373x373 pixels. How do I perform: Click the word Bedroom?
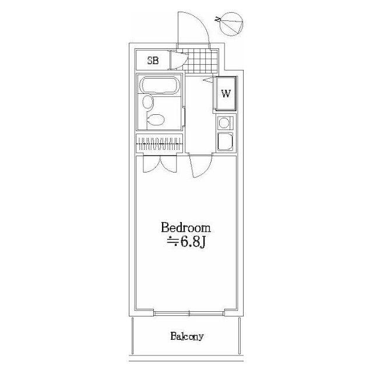pos(186,228)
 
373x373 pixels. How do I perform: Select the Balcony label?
pos(187,336)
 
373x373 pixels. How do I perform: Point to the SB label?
pos(153,61)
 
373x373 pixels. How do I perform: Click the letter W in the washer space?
pos(226,93)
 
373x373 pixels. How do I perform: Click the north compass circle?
pos(231,24)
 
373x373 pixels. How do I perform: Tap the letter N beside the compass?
pos(217,19)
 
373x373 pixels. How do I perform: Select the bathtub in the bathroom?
pos(160,86)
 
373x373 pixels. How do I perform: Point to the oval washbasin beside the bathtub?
pos(147,103)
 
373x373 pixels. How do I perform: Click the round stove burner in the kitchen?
pos(224,123)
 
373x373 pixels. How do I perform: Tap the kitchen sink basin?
pos(225,141)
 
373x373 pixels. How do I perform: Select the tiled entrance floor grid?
pos(200,61)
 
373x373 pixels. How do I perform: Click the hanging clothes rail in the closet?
pos(159,144)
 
